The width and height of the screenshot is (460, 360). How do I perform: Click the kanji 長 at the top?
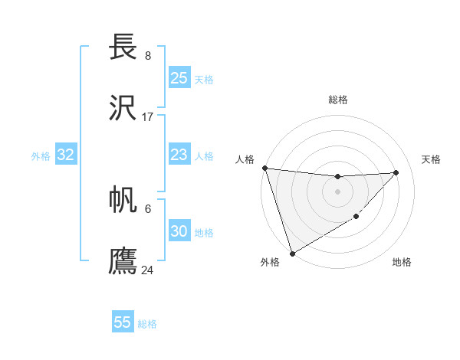click(x=124, y=47)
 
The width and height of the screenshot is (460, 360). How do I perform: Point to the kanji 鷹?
click(x=124, y=261)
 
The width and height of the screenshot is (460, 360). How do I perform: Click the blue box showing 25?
click(x=179, y=78)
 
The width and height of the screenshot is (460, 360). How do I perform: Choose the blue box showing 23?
click(x=179, y=155)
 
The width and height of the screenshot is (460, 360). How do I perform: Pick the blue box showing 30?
click(x=179, y=232)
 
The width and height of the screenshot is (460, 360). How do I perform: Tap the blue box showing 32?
click(x=66, y=155)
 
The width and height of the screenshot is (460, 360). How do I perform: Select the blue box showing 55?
click(x=123, y=322)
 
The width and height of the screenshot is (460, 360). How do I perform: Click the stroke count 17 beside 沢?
click(x=148, y=117)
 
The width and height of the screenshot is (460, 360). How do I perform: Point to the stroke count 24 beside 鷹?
click(x=148, y=270)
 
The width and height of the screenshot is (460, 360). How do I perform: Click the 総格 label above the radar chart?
click(x=338, y=100)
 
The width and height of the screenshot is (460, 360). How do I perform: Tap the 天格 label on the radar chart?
click(x=432, y=159)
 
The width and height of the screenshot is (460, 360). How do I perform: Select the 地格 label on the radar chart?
click(x=402, y=263)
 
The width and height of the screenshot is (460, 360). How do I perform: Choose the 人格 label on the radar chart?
click(x=245, y=159)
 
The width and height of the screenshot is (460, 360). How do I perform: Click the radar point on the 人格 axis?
click(x=264, y=168)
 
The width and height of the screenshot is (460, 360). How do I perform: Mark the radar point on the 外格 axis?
click(x=292, y=253)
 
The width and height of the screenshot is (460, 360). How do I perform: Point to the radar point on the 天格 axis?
click(x=396, y=172)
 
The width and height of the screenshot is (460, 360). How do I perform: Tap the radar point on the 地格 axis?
click(x=356, y=217)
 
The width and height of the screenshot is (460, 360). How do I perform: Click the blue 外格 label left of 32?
click(x=41, y=156)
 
